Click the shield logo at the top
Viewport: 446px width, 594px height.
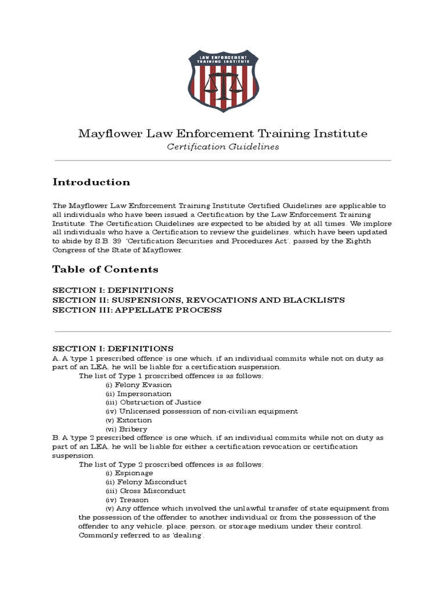point(223,81)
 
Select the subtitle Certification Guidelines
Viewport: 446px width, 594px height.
point(223,147)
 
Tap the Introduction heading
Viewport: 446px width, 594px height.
point(91,182)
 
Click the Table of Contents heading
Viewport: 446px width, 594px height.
point(105,269)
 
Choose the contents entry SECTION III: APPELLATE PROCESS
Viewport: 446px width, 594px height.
point(137,310)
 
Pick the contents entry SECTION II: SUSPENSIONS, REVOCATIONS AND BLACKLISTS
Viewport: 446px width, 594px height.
point(199,300)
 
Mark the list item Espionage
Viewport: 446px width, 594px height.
point(134,473)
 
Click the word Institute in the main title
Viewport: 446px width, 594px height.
point(342,134)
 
